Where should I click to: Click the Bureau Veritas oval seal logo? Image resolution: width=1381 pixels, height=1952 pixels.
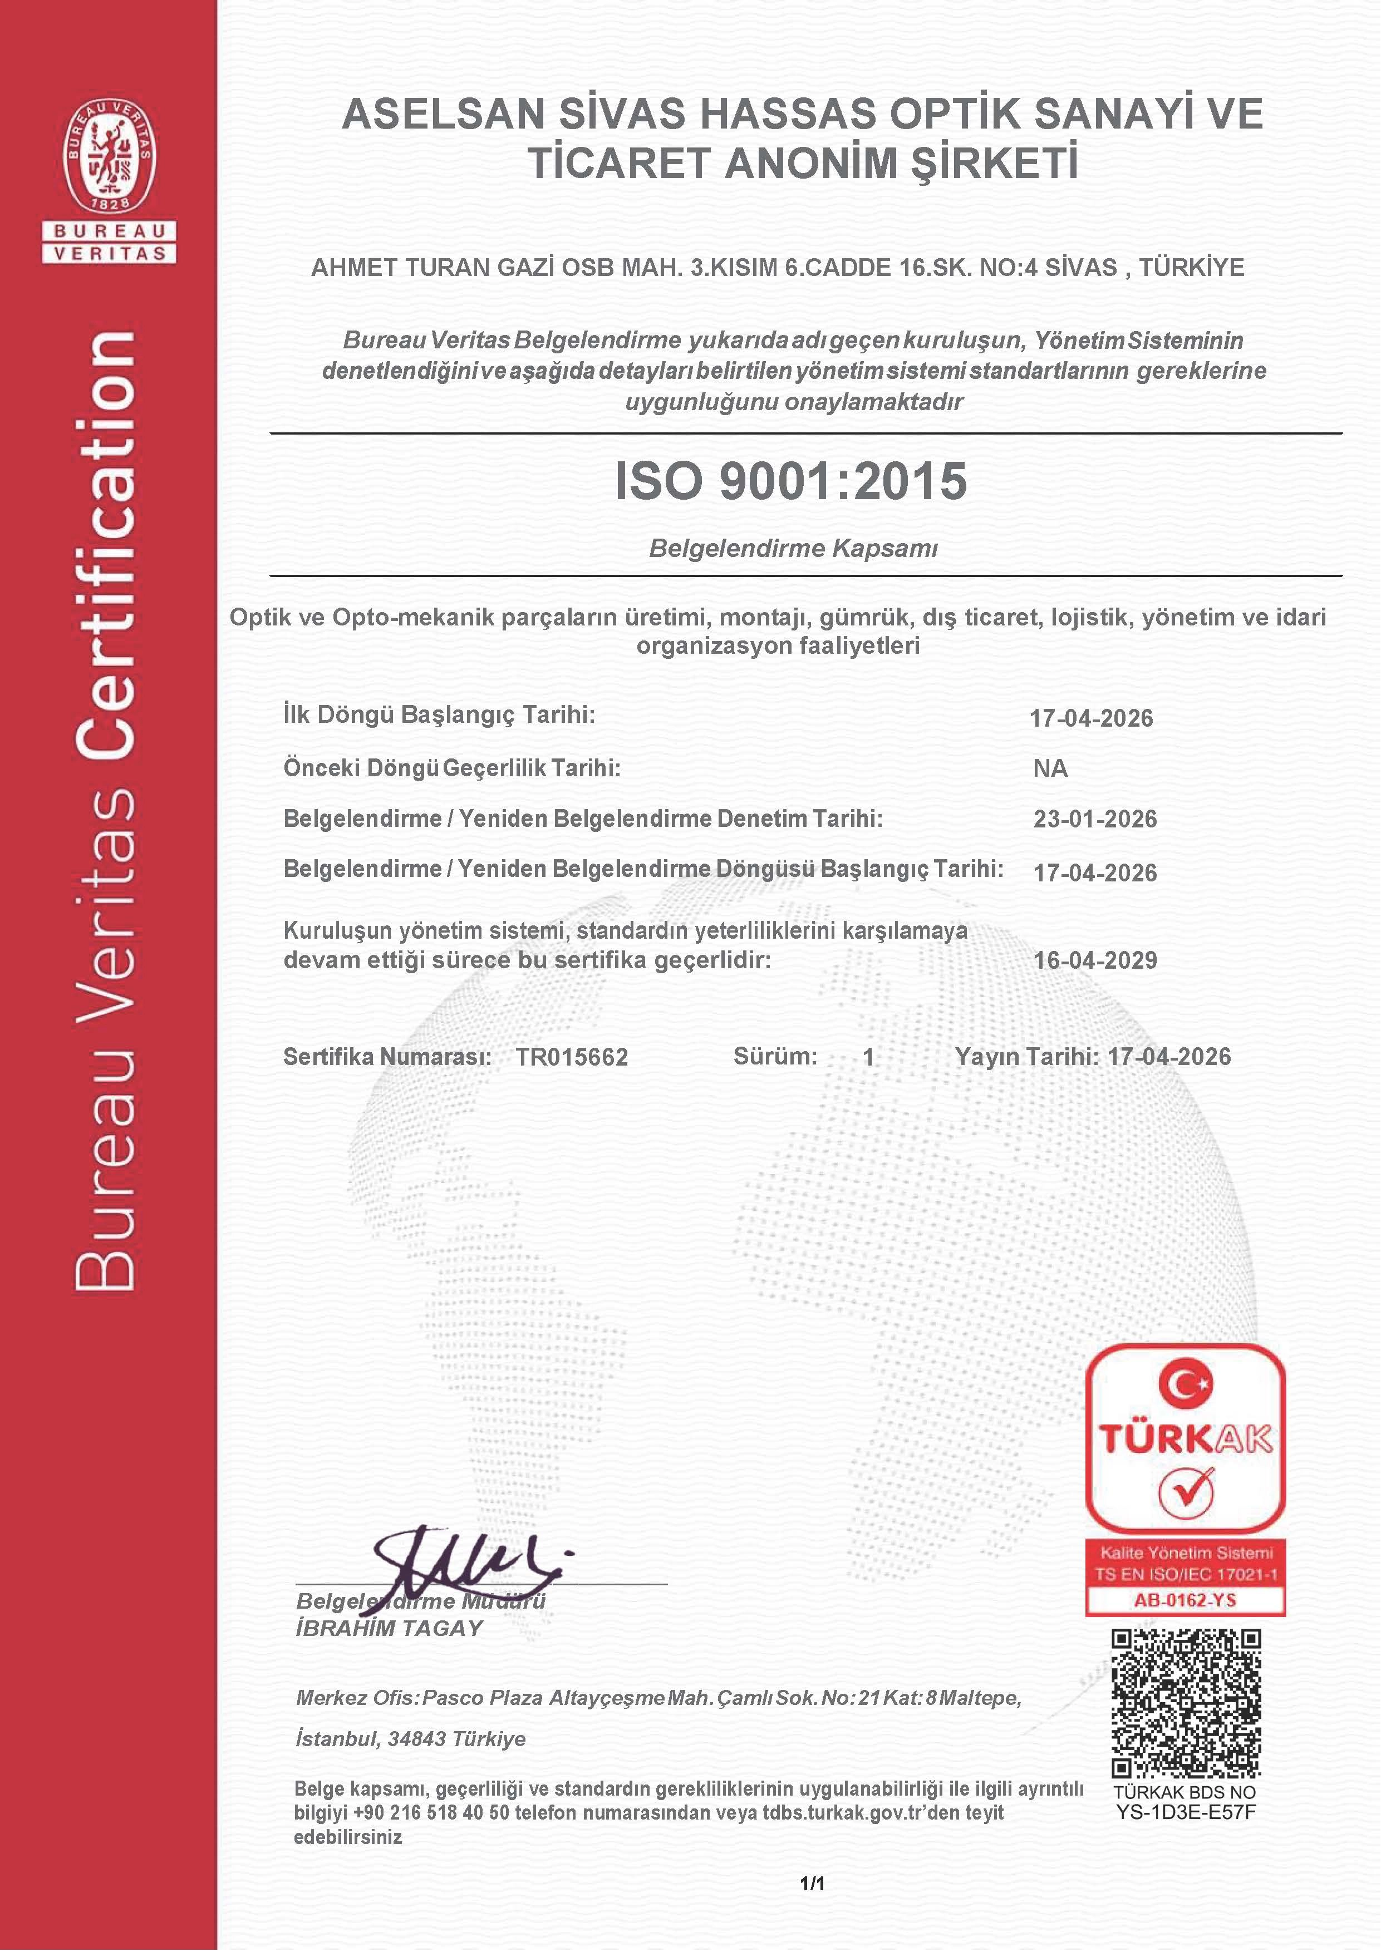point(110,156)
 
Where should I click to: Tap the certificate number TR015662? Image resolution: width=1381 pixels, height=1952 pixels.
point(572,1057)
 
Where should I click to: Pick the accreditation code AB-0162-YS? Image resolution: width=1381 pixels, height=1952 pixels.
point(1185,1600)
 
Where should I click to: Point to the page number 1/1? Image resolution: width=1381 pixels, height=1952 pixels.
point(812,1883)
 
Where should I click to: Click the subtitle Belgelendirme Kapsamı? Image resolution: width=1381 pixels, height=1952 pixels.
point(793,548)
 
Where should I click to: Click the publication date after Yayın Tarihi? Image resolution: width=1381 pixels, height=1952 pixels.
point(1169,1057)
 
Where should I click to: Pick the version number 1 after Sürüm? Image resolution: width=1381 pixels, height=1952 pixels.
point(868,1057)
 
